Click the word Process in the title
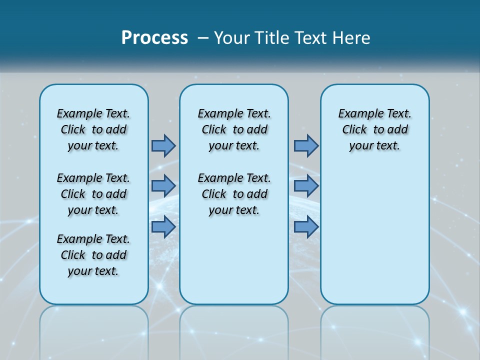pyautogui.click(x=154, y=37)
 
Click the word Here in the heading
pyautogui.click(x=352, y=38)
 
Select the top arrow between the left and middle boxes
pyautogui.click(x=163, y=145)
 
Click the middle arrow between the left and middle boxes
pyautogui.click(x=163, y=186)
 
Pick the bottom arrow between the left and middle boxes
pyautogui.click(x=163, y=226)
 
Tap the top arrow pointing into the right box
pyautogui.click(x=306, y=145)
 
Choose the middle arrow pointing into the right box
pyautogui.click(x=306, y=186)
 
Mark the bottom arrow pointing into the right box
pyautogui.click(x=306, y=226)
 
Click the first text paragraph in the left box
pyautogui.click(x=93, y=129)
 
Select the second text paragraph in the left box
pyautogui.click(x=93, y=194)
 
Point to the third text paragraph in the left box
pyautogui.click(x=93, y=255)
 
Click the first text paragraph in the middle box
pyautogui.click(x=234, y=129)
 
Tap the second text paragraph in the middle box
pyautogui.click(x=234, y=194)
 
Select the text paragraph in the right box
pyautogui.click(x=374, y=129)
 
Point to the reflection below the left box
pyautogui.click(x=94, y=330)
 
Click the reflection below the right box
pyautogui.click(x=374, y=330)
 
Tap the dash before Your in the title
pyautogui.click(x=203, y=38)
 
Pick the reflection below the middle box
pyautogui.click(x=234, y=330)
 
